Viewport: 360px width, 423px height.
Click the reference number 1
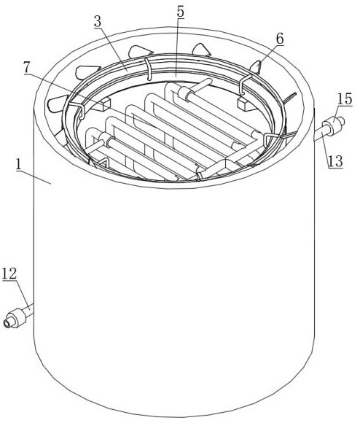pyautogui.click(x=19, y=164)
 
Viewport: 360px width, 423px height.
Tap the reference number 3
pyautogui.click(x=98, y=22)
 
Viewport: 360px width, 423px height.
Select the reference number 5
pyautogui.click(x=180, y=12)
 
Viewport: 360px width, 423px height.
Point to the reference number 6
pyautogui.click(x=280, y=39)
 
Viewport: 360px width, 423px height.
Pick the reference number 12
pyautogui.click(x=9, y=273)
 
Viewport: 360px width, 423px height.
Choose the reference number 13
pyautogui.click(x=335, y=161)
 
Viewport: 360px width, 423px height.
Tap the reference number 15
pyautogui.click(x=345, y=99)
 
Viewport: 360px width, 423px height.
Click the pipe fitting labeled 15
pyautogui.click(x=333, y=125)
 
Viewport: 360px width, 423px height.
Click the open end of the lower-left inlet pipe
pyautogui.click(x=7, y=323)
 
